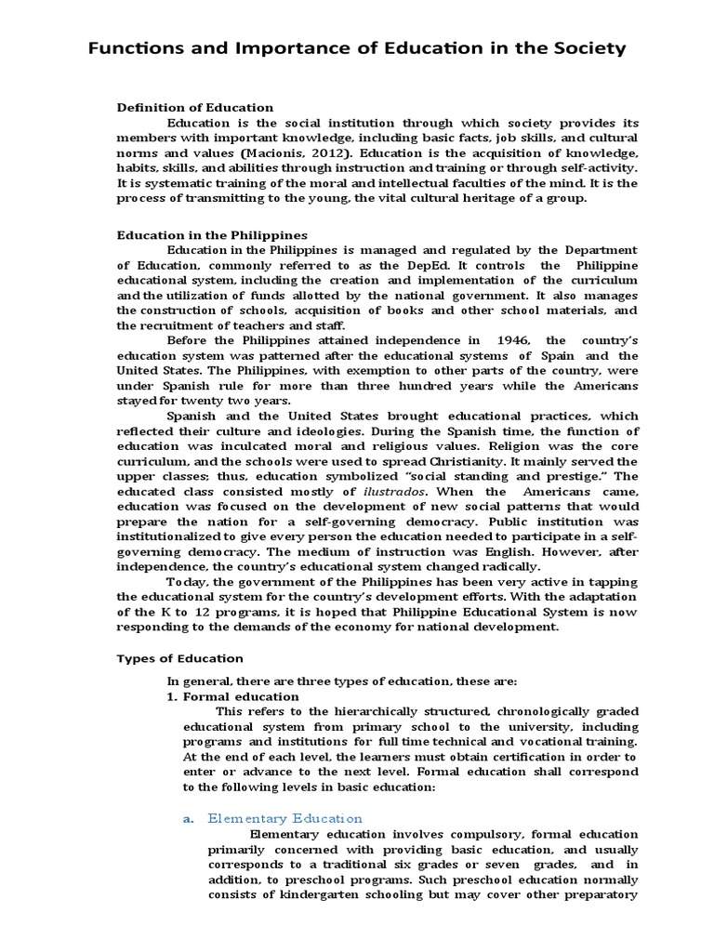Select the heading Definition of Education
(195, 108)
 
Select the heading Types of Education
(179, 658)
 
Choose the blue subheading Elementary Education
(284, 819)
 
